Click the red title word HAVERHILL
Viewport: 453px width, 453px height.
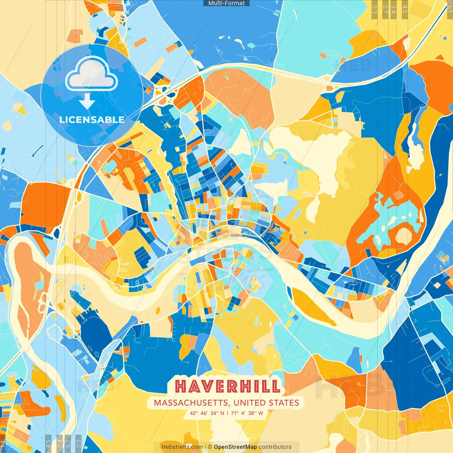[228, 386]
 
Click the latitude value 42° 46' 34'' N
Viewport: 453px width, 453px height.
[207, 413]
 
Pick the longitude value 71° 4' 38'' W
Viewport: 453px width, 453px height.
[247, 413]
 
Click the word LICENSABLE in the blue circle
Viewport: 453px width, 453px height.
[92, 120]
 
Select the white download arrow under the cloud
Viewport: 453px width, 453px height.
[87, 101]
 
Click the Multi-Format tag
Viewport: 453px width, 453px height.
[226, 3]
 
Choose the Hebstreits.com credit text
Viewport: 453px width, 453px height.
[182, 447]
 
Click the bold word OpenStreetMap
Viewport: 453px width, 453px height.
[235, 447]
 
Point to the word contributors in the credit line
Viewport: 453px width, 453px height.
[275, 447]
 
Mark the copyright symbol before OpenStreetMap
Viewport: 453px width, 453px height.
[210, 447]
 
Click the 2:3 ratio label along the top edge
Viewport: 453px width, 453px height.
[374, 9]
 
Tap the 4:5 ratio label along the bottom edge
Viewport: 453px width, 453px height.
[48, 443]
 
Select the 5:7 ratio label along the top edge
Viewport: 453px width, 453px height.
[385, 9]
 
